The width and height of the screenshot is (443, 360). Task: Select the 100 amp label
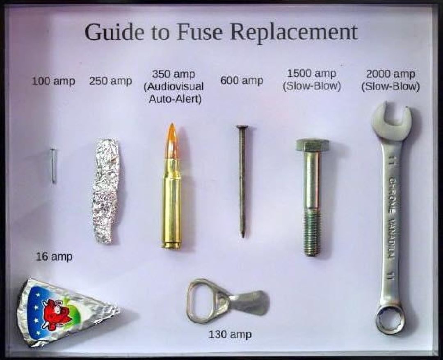[53, 81]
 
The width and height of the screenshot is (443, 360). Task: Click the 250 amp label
[110, 81]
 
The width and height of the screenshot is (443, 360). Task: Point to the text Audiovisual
[174, 87]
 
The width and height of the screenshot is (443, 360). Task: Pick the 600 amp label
[242, 80]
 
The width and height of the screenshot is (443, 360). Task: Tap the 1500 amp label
[312, 74]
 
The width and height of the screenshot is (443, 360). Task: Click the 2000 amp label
[391, 74]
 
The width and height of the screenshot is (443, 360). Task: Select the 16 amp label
[54, 257]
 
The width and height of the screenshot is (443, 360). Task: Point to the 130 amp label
[230, 335]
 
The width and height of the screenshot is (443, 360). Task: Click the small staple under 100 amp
[53, 166]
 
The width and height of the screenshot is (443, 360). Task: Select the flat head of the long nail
[242, 127]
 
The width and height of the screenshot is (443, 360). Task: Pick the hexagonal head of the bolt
[313, 145]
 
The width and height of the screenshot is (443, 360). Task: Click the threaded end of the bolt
[312, 232]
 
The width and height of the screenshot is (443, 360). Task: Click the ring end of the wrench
[390, 319]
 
